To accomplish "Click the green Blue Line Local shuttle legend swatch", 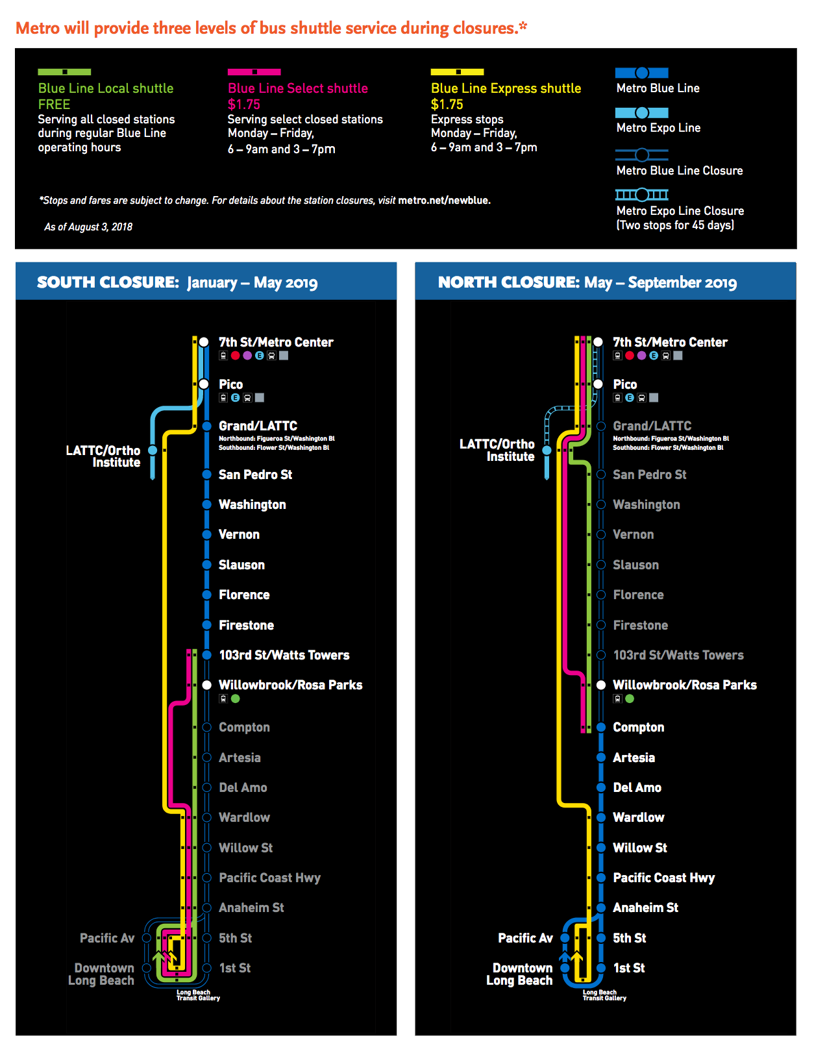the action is click(x=64, y=72).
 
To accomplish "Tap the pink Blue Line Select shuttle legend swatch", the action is click(x=254, y=72).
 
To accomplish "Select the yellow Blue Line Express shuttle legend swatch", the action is click(x=458, y=72).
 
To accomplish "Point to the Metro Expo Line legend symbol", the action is click(x=641, y=113).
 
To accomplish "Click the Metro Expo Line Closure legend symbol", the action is click(x=641, y=195).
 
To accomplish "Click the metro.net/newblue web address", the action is click(x=444, y=201).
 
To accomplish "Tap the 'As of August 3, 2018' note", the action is click(x=88, y=227).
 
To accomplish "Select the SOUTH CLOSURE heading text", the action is click(x=108, y=282).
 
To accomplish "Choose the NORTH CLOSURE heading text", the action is click(x=509, y=282).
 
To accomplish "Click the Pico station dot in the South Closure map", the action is click(x=204, y=384).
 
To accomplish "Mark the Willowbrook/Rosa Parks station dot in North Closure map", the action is click(x=601, y=685).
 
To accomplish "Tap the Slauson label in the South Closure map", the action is click(x=242, y=565).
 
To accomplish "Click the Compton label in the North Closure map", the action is click(x=639, y=727).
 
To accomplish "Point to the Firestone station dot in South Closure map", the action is click(x=206, y=624).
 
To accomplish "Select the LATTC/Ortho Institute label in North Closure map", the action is click(x=497, y=450).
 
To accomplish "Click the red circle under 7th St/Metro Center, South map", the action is click(x=236, y=356).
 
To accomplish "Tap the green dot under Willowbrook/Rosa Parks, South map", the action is click(x=236, y=699).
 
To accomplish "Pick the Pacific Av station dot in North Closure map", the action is click(x=565, y=938).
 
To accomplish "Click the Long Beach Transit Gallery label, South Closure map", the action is click(x=198, y=995).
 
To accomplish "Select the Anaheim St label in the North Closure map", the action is click(x=645, y=908).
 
